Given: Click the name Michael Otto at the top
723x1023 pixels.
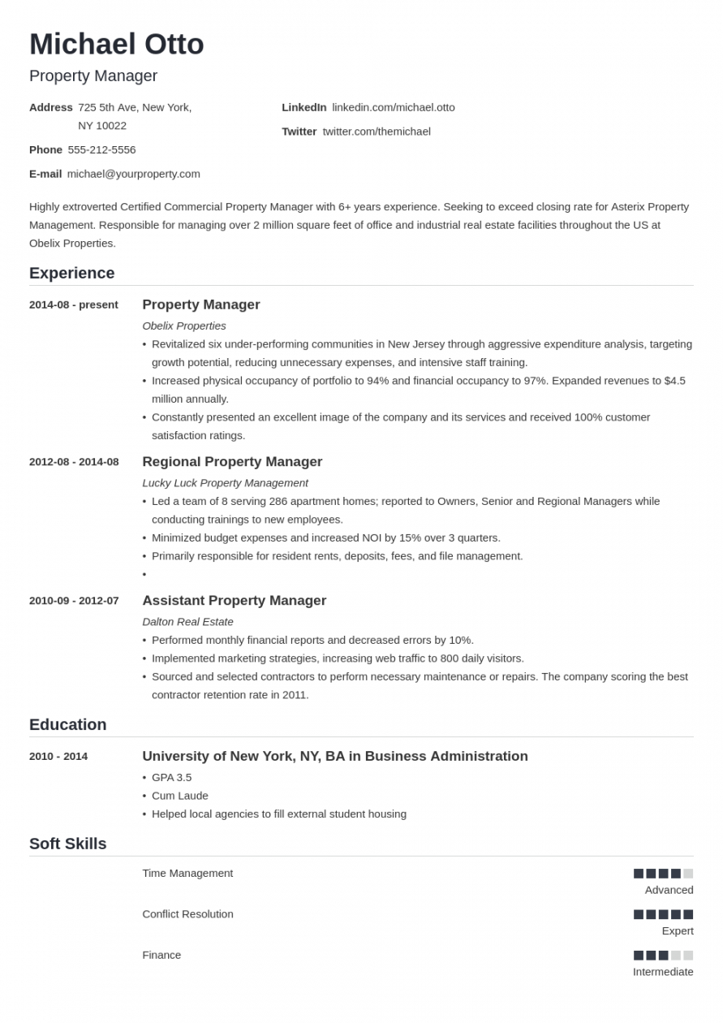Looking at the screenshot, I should point(116,44).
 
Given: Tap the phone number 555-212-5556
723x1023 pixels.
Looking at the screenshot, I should point(101,149).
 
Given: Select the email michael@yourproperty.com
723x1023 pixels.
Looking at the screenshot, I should point(133,174).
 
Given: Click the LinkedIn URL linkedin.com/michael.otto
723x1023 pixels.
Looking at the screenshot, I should point(393,107).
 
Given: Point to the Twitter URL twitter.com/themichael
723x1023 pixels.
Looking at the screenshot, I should point(376,132).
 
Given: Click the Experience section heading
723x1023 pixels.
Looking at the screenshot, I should point(71,273).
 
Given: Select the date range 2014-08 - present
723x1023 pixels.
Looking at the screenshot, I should point(73,304).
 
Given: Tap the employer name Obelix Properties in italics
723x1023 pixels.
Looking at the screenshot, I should point(184,326).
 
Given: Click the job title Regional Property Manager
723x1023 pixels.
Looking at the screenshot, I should point(232,462).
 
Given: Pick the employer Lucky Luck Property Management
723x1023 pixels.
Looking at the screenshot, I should point(225,482).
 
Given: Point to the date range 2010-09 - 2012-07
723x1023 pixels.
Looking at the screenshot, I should point(74,601).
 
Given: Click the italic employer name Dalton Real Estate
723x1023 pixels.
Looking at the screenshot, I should point(187,621).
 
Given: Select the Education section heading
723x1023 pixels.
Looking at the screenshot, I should point(67,724).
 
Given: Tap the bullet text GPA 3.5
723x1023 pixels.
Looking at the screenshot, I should point(171,777).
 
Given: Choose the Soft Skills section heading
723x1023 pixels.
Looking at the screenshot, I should point(67,844).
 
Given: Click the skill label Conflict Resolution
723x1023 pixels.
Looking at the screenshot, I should point(187,914).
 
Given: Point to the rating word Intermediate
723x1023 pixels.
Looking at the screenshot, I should point(663,972).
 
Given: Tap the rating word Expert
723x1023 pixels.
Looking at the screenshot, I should point(677,930).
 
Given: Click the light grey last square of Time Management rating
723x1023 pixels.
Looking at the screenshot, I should point(688,874).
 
